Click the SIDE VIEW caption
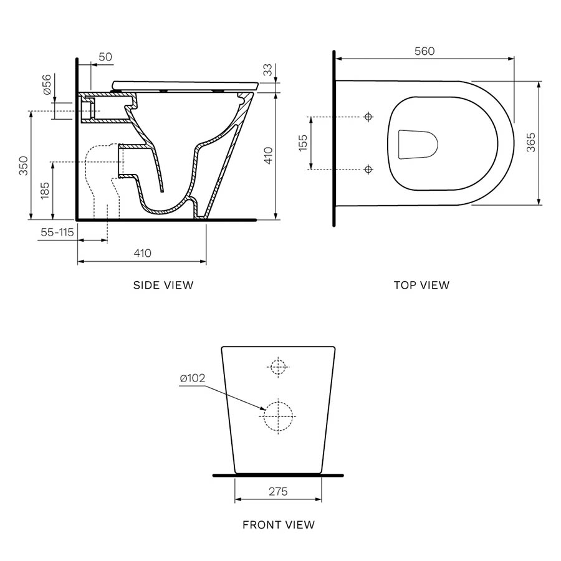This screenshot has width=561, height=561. [x=163, y=285]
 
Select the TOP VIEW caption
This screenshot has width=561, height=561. [x=421, y=285]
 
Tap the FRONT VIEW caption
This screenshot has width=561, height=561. [x=279, y=525]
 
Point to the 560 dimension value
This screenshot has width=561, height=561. [x=424, y=51]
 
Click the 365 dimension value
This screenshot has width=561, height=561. [x=530, y=143]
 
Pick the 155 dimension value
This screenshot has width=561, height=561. [x=302, y=143]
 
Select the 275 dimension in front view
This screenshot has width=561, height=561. [x=278, y=492]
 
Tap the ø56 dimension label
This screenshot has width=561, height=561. [x=46, y=84]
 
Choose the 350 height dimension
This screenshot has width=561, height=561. [x=23, y=165]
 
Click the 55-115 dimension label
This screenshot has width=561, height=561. [x=57, y=232]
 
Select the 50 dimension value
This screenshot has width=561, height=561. [x=105, y=57]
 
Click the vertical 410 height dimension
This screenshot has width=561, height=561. [x=268, y=155]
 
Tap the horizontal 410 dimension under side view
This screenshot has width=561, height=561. [x=142, y=253]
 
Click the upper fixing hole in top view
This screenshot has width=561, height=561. [x=368, y=117]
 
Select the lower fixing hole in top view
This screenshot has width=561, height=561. [x=368, y=169]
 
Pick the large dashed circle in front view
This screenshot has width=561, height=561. [x=278, y=415]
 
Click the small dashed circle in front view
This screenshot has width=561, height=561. [x=278, y=367]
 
